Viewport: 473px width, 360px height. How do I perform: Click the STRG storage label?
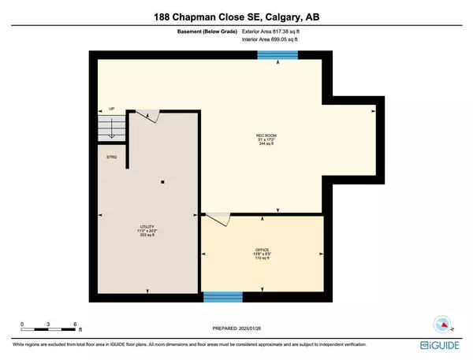[x=112, y=158]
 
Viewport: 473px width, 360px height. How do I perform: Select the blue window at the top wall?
[x=277, y=55]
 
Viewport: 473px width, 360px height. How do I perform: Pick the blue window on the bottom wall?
[x=222, y=297]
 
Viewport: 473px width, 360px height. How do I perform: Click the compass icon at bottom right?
[x=443, y=323]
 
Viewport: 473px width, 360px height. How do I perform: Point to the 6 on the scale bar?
[x=74, y=324]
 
